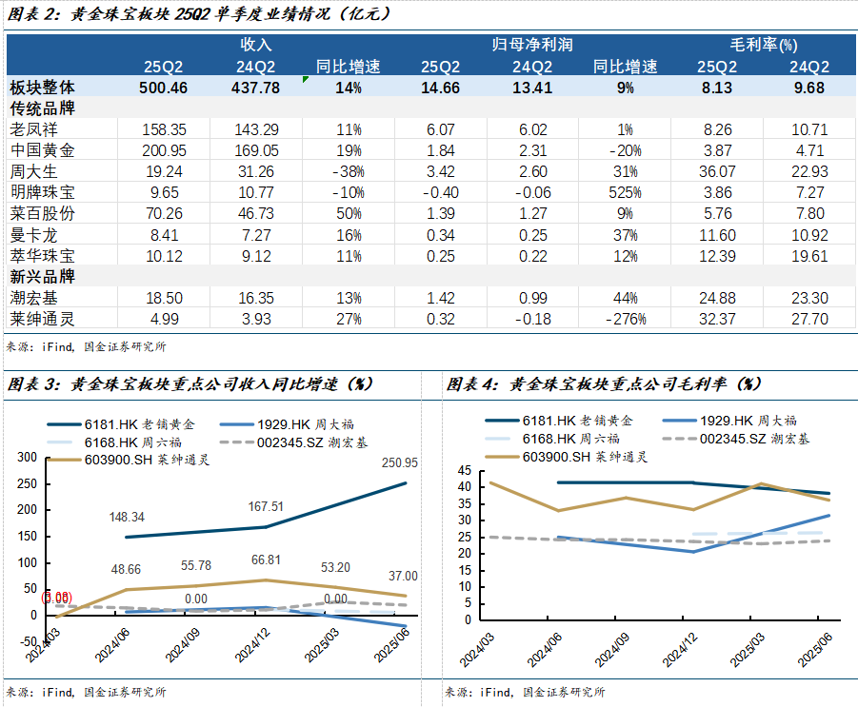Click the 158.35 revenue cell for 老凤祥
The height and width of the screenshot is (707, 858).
pyautogui.click(x=163, y=129)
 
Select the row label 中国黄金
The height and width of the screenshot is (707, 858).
pyautogui.click(x=41, y=150)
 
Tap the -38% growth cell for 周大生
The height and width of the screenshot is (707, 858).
pyautogui.click(x=348, y=171)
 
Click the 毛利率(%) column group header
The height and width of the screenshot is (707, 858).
pyautogui.click(x=763, y=45)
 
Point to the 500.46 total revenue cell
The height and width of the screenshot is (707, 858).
pyautogui.click(x=163, y=88)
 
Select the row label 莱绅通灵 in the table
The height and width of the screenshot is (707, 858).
pyautogui.click(x=41, y=319)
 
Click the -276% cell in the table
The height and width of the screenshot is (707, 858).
pyautogui.click(x=625, y=319)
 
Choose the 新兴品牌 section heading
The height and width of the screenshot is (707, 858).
pyautogui.click(x=41, y=277)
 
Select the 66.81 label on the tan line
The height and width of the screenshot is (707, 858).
pyautogui.click(x=265, y=560)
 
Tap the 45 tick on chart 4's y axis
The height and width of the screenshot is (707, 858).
pyautogui.click(x=465, y=471)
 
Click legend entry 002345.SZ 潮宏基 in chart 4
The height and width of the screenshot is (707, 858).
pyautogui.click(x=752, y=439)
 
